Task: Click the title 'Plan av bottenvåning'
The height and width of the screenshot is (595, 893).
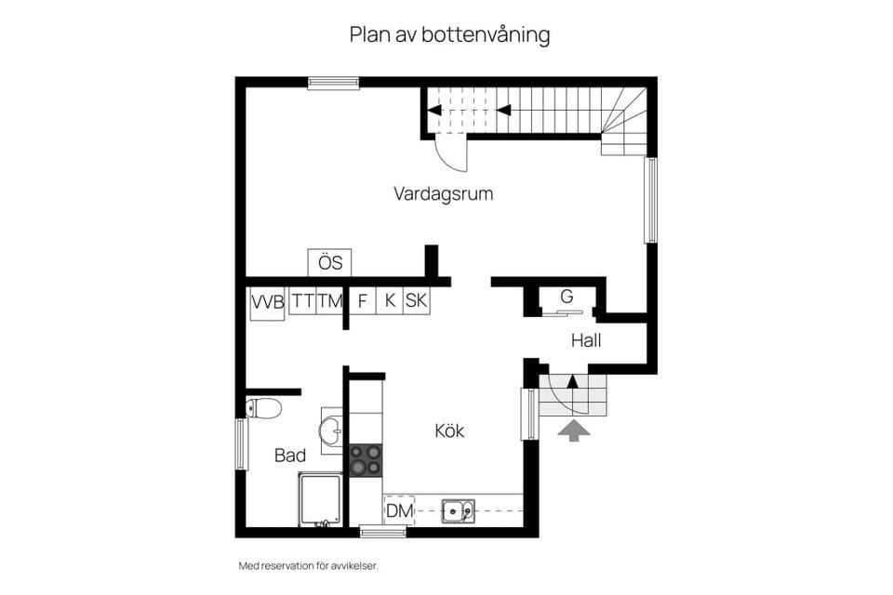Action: click(x=449, y=35)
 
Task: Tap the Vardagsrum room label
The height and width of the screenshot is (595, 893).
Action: click(x=443, y=194)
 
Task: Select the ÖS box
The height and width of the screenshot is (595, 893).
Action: click(x=330, y=263)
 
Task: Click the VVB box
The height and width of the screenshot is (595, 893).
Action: click(x=266, y=303)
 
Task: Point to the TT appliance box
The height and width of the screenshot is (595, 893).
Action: click(x=302, y=301)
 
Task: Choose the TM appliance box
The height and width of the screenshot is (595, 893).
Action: click(x=329, y=301)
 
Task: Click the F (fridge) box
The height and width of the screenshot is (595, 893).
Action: click(x=363, y=301)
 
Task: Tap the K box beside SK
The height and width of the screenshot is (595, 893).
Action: click(x=391, y=301)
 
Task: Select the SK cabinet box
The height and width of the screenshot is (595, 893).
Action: click(x=417, y=301)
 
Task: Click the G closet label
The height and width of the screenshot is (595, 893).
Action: click(x=566, y=297)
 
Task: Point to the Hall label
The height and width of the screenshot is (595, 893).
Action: click(x=586, y=341)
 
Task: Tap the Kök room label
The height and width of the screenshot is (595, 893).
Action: click(x=449, y=431)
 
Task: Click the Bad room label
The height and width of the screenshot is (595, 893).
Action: click(x=290, y=456)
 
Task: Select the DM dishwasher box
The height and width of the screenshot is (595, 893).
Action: click(x=399, y=509)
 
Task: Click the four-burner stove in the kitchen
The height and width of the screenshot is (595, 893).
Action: click(x=365, y=459)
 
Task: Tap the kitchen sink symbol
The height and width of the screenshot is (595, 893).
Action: click(x=458, y=509)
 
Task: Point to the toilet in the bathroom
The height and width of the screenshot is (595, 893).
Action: click(x=264, y=407)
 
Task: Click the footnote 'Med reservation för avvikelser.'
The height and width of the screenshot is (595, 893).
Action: click(x=309, y=565)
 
